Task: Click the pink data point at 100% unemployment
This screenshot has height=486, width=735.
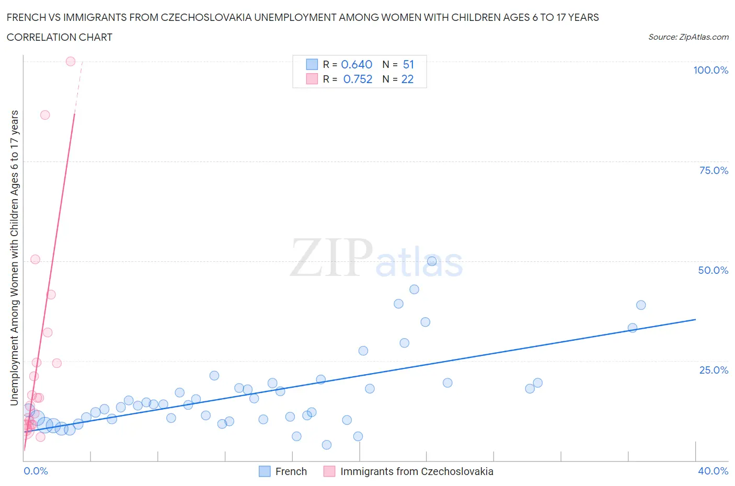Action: click(71, 61)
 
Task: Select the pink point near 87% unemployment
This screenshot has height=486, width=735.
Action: click(45, 115)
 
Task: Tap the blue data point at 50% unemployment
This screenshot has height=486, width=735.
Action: click(432, 261)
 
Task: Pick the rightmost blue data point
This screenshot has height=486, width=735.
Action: click(641, 305)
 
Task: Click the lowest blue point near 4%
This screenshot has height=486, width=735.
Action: click(327, 445)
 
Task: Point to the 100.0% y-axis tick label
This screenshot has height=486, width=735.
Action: click(710, 70)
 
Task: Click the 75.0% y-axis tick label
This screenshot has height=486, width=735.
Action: click(714, 170)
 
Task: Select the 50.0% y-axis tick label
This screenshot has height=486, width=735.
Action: click(713, 270)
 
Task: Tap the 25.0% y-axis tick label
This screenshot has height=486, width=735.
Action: click(714, 370)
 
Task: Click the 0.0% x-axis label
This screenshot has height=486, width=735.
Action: click(36, 471)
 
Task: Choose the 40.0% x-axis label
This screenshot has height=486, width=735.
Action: click(713, 471)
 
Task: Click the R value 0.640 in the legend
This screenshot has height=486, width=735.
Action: click(357, 64)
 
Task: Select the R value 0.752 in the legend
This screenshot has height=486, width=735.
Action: click(358, 79)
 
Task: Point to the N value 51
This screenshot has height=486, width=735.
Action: click(408, 64)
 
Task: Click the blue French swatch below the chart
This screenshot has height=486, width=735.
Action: click(265, 471)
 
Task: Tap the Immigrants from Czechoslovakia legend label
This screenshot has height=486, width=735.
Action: click(417, 471)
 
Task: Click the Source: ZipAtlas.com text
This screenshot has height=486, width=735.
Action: click(688, 37)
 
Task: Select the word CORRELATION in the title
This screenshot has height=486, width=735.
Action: click(36, 37)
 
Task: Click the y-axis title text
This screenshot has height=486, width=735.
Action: click(14, 258)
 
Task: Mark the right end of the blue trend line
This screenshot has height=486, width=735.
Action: click(695, 319)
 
